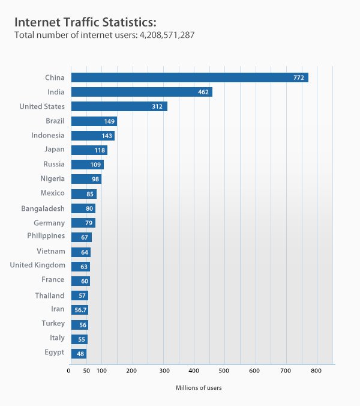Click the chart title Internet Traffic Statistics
point(85,22)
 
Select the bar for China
point(189,77)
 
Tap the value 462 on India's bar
point(203,92)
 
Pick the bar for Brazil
point(94,121)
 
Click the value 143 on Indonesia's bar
point(107,136)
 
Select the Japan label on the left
point(54,150)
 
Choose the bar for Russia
point(87,165)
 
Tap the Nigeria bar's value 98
point(95,179)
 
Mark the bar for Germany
point(83,223)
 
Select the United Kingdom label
point(37,265)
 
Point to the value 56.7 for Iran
point(80,310)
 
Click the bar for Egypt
point(79,354)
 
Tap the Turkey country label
point(53,324)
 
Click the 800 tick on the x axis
point(316,372)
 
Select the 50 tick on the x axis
point(86,372)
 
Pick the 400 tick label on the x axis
point(193,372)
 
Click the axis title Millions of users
point(199,388)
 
